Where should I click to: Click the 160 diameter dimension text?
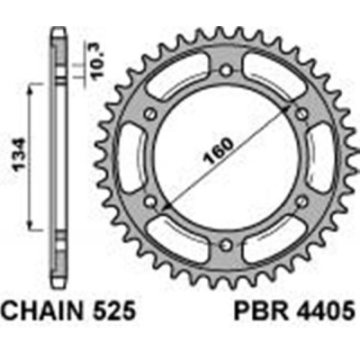(x=207, y=157)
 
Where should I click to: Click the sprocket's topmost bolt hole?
(x=226, y=67)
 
